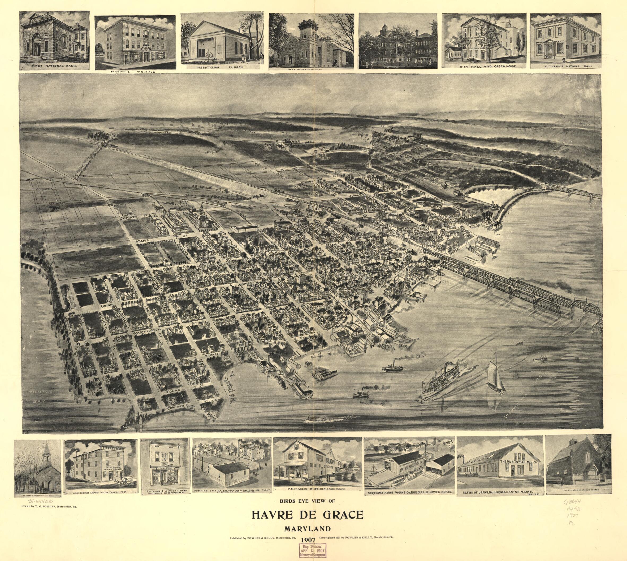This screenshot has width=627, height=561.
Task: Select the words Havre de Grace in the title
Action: click(x=308, y=515)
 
